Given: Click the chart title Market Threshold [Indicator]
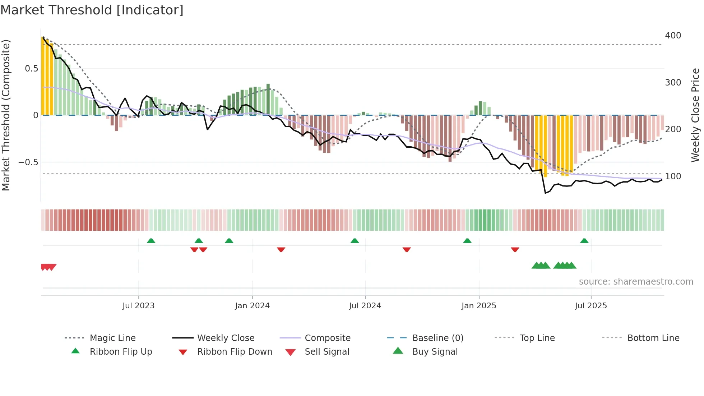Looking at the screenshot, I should (x=92, y=10).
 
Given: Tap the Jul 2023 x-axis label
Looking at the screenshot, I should (x=138, y=306).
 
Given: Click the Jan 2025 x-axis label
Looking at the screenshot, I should (x=478, y=306).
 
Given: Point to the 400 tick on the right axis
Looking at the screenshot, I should (x=673, y=36).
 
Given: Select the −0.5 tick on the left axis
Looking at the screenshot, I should (x=28, y=162).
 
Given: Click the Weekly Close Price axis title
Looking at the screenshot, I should (x=695, y=115).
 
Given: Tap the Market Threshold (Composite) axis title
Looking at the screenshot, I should (x=6, y=115).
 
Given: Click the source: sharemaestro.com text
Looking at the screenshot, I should (x=636, y=282).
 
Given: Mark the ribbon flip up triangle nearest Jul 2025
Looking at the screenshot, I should (x=584, y=241).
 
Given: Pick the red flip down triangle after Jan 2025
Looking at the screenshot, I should (x=515, y=249).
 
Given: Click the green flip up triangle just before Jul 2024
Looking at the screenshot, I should (x=355, y=241).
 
